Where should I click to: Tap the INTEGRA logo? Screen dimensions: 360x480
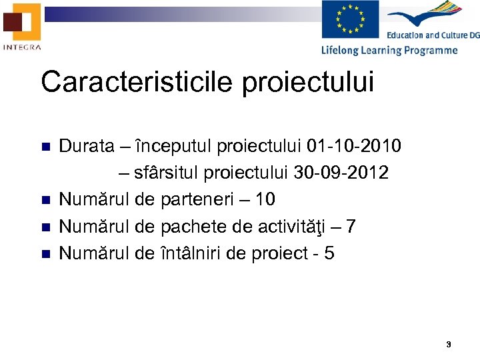(x=22, y=27)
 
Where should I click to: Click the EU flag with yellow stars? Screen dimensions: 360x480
(x=350, y=19)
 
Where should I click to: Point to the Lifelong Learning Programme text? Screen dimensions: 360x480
(x=389, y=50)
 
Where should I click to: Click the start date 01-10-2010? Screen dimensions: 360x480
(x=355, y=146)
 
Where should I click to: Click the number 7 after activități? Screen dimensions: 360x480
(x=351, y=227)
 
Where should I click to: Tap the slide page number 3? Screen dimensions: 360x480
(x=448, y=345)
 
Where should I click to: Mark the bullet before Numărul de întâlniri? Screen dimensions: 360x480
(x=45, y=254)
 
